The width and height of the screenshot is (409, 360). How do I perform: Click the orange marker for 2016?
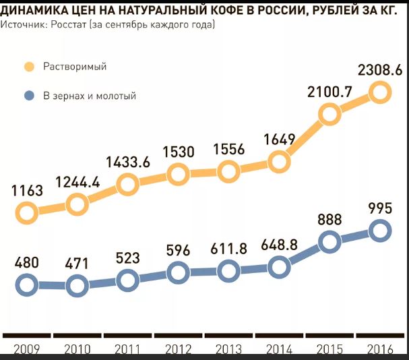tap(379, 92)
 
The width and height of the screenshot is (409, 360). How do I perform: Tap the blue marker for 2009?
tap(26, 285)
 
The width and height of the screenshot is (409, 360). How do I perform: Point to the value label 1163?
tap(28, 191)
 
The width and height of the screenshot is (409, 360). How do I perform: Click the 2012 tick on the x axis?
tap(178, 349)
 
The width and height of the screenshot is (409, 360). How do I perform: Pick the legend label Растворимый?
tap(75, 67)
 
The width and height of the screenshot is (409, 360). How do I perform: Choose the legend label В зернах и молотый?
tap(90, 96)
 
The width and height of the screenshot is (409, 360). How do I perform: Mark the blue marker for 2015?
tap(329, 243)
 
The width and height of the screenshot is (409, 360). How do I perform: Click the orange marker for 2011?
tap(127, 183)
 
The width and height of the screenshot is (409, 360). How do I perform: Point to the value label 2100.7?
tap(329, 92)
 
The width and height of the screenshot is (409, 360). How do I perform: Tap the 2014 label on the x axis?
tap(279, 349)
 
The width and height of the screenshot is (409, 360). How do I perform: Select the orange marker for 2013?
tap(228, 171)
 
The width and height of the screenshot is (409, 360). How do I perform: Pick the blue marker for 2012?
tap(177, 273)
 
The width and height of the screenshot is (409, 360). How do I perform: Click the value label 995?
tap(380, 208)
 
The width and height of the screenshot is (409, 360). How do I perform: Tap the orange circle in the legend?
tap(29, 67)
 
